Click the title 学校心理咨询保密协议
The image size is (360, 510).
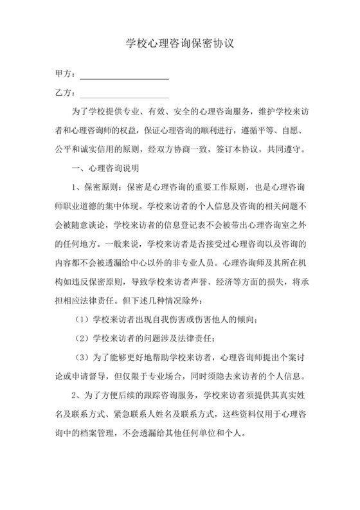pos(179,46)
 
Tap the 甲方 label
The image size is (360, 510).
pos(64,74)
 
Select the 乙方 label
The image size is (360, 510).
pos(64,93)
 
